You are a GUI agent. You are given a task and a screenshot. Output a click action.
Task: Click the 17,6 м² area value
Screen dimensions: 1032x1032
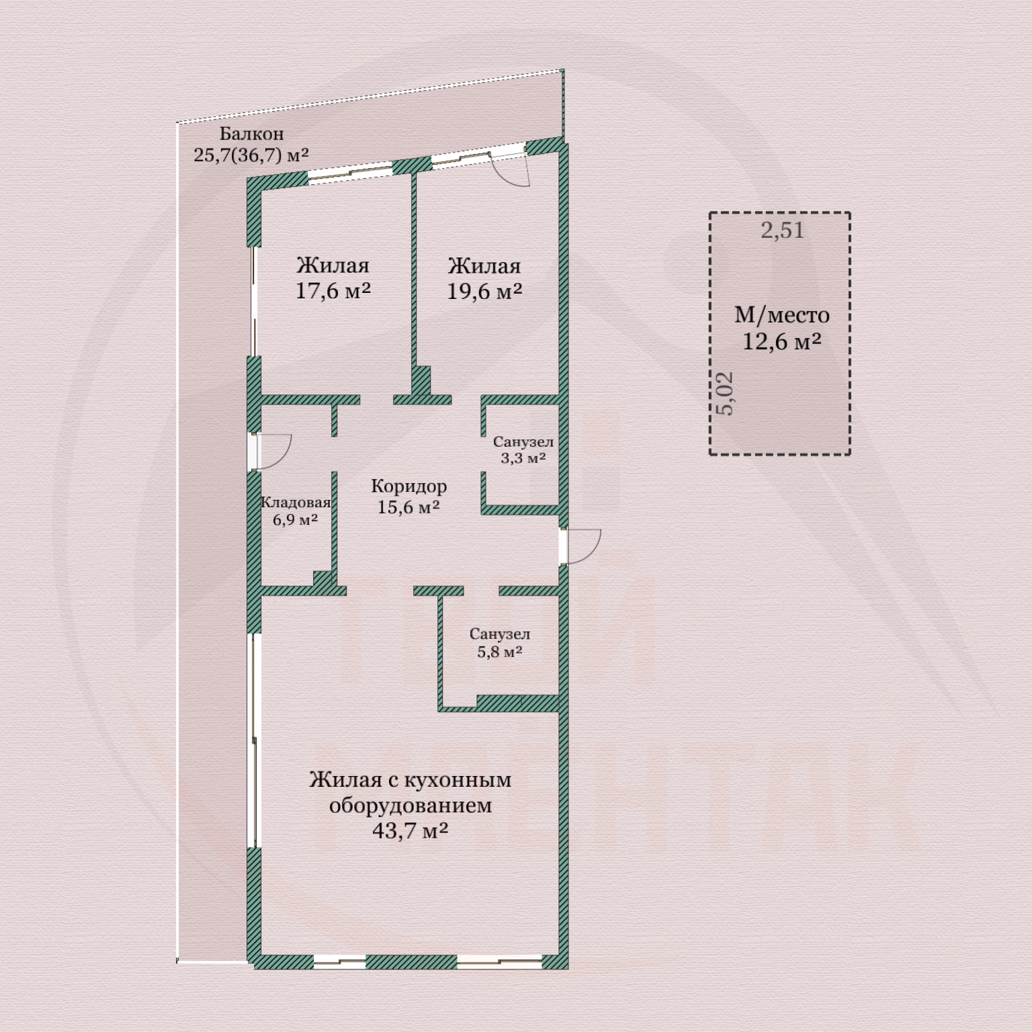[x=333, y=291]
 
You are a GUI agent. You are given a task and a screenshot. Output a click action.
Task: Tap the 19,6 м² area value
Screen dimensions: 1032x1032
[x=485, y=292]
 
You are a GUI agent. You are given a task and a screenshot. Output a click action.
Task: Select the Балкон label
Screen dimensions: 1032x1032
[x=252, y=134]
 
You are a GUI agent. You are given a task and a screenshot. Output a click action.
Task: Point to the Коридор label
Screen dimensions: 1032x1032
[x=408, y=486]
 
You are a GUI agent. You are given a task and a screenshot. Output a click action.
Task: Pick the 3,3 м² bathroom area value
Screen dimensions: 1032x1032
[x=523, y=458]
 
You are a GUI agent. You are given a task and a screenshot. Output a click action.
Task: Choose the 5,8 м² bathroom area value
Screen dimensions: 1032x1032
[x=500, y=652]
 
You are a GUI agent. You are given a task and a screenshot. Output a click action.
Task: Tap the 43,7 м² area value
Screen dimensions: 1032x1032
[x=411, y=831]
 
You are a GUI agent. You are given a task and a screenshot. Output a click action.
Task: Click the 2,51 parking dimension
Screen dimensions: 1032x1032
[x=783, y=230]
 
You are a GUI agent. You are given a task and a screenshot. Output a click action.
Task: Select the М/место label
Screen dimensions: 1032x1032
[x=782, y=314]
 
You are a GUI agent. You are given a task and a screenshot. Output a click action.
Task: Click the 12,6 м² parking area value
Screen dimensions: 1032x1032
[x=782, y=341]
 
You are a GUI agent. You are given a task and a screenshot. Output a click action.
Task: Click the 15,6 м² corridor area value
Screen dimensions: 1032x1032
[x=408, y=507]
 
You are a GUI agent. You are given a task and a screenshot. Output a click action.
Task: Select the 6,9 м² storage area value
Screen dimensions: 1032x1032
[x=296, y=520]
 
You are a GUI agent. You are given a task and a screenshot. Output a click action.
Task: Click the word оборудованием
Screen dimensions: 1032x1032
[x=411, y=805]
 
